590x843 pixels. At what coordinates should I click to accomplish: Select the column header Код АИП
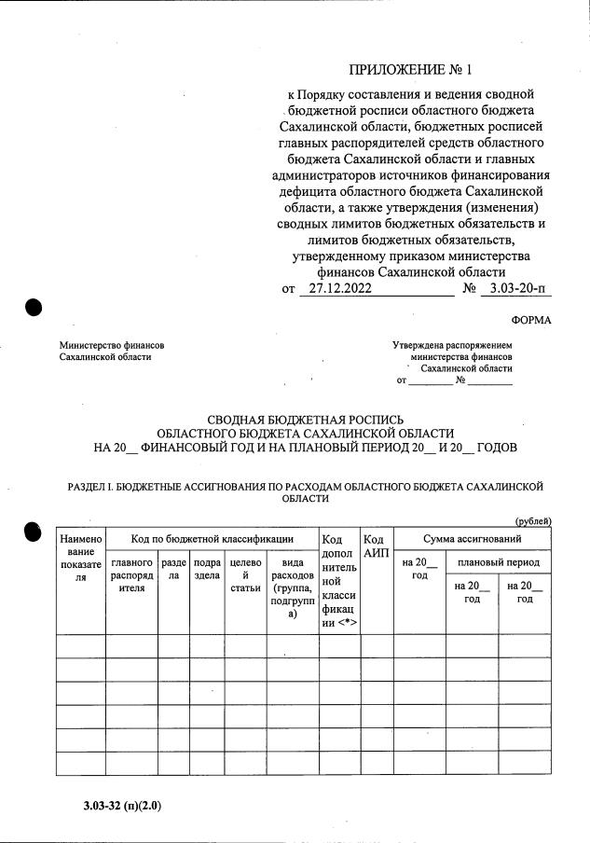coord(376,546)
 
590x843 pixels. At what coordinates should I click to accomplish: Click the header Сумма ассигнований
coord(472,539)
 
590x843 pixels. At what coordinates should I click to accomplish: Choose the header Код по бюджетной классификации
coord(212,539)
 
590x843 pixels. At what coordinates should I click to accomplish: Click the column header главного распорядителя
coord(131,574)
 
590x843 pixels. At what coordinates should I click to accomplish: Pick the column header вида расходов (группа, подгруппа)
coord(292,587)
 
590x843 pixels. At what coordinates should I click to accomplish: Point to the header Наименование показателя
coord(80,559)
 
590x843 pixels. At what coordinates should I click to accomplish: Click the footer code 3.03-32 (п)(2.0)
coord(121,803)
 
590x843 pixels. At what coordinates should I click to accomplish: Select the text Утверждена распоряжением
coord(452,345)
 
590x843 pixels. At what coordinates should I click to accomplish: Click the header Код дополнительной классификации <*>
coord(339,580)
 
